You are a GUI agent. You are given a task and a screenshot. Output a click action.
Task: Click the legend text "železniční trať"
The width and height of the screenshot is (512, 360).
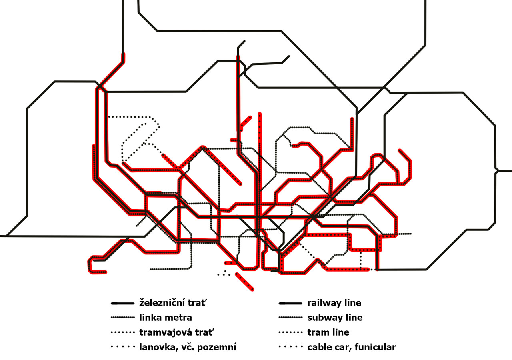pyautogui.click(x=173, y=303)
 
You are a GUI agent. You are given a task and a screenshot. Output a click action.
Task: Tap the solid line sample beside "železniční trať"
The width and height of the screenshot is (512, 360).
pyautogui.click(x=122, y=304)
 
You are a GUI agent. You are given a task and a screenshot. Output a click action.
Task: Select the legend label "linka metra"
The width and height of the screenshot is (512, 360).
pyautogui.click(x=166, y=318)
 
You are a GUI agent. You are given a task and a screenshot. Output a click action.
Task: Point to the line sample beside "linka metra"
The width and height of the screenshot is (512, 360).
pyautogui.click(x=122, y=318)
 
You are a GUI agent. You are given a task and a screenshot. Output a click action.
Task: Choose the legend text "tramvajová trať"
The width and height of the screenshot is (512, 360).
pyautogui.click(x=177, y=332)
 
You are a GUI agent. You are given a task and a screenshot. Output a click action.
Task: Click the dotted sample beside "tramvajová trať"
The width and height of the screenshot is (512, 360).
pyautogui.click(x=122, y=332)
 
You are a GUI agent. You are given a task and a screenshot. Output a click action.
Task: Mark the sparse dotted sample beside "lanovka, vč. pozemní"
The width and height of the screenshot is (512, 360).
pyautogui.click(x=123, y=347)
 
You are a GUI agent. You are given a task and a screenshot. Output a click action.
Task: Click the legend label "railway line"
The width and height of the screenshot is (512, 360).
pyautogui.click(x=334, y=303)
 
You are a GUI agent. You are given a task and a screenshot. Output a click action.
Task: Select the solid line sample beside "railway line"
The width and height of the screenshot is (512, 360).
pyautogui.click(x=290, y=304)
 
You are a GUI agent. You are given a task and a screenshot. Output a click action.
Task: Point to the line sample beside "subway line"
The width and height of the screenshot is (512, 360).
pyautogui.click(x=290, y=318)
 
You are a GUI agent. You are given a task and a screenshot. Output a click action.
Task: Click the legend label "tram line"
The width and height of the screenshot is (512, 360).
pyautogui.click(x=328, y=332)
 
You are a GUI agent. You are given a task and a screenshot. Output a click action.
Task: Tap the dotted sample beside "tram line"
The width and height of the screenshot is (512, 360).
pyautogui.click(x=290, y=332)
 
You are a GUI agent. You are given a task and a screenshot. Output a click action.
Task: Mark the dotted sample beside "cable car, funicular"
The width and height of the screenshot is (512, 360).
pyautogui.click(x=291, y=347)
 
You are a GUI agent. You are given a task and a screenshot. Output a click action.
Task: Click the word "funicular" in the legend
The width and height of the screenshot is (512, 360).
pyautogui.click(x=375, y=347)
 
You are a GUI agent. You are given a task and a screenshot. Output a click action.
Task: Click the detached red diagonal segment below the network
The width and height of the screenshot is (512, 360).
pyautogui.click(x=244, y=282)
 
